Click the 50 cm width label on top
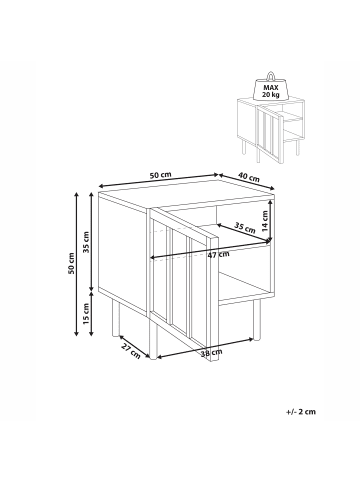[160, 175]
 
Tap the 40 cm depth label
[249, 177]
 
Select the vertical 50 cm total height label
[71, 264]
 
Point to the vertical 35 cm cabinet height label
[86, 242]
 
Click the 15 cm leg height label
[86, 314]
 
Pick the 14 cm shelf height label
[265, 221]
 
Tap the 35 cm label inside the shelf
[244, 228]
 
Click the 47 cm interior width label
[218, 255]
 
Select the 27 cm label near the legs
[131, 351]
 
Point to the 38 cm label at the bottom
[212, 352]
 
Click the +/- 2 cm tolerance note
[301, 412]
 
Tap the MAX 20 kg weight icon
[271, 86]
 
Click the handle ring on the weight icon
[271, 76]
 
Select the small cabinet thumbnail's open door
[269, 134]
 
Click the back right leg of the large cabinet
[257, 319]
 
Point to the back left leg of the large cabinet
[116, 317]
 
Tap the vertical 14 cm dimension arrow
[272, 220]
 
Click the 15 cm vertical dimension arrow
[92, 313]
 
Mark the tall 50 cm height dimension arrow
[77, 264]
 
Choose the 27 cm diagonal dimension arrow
[134, 347]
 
